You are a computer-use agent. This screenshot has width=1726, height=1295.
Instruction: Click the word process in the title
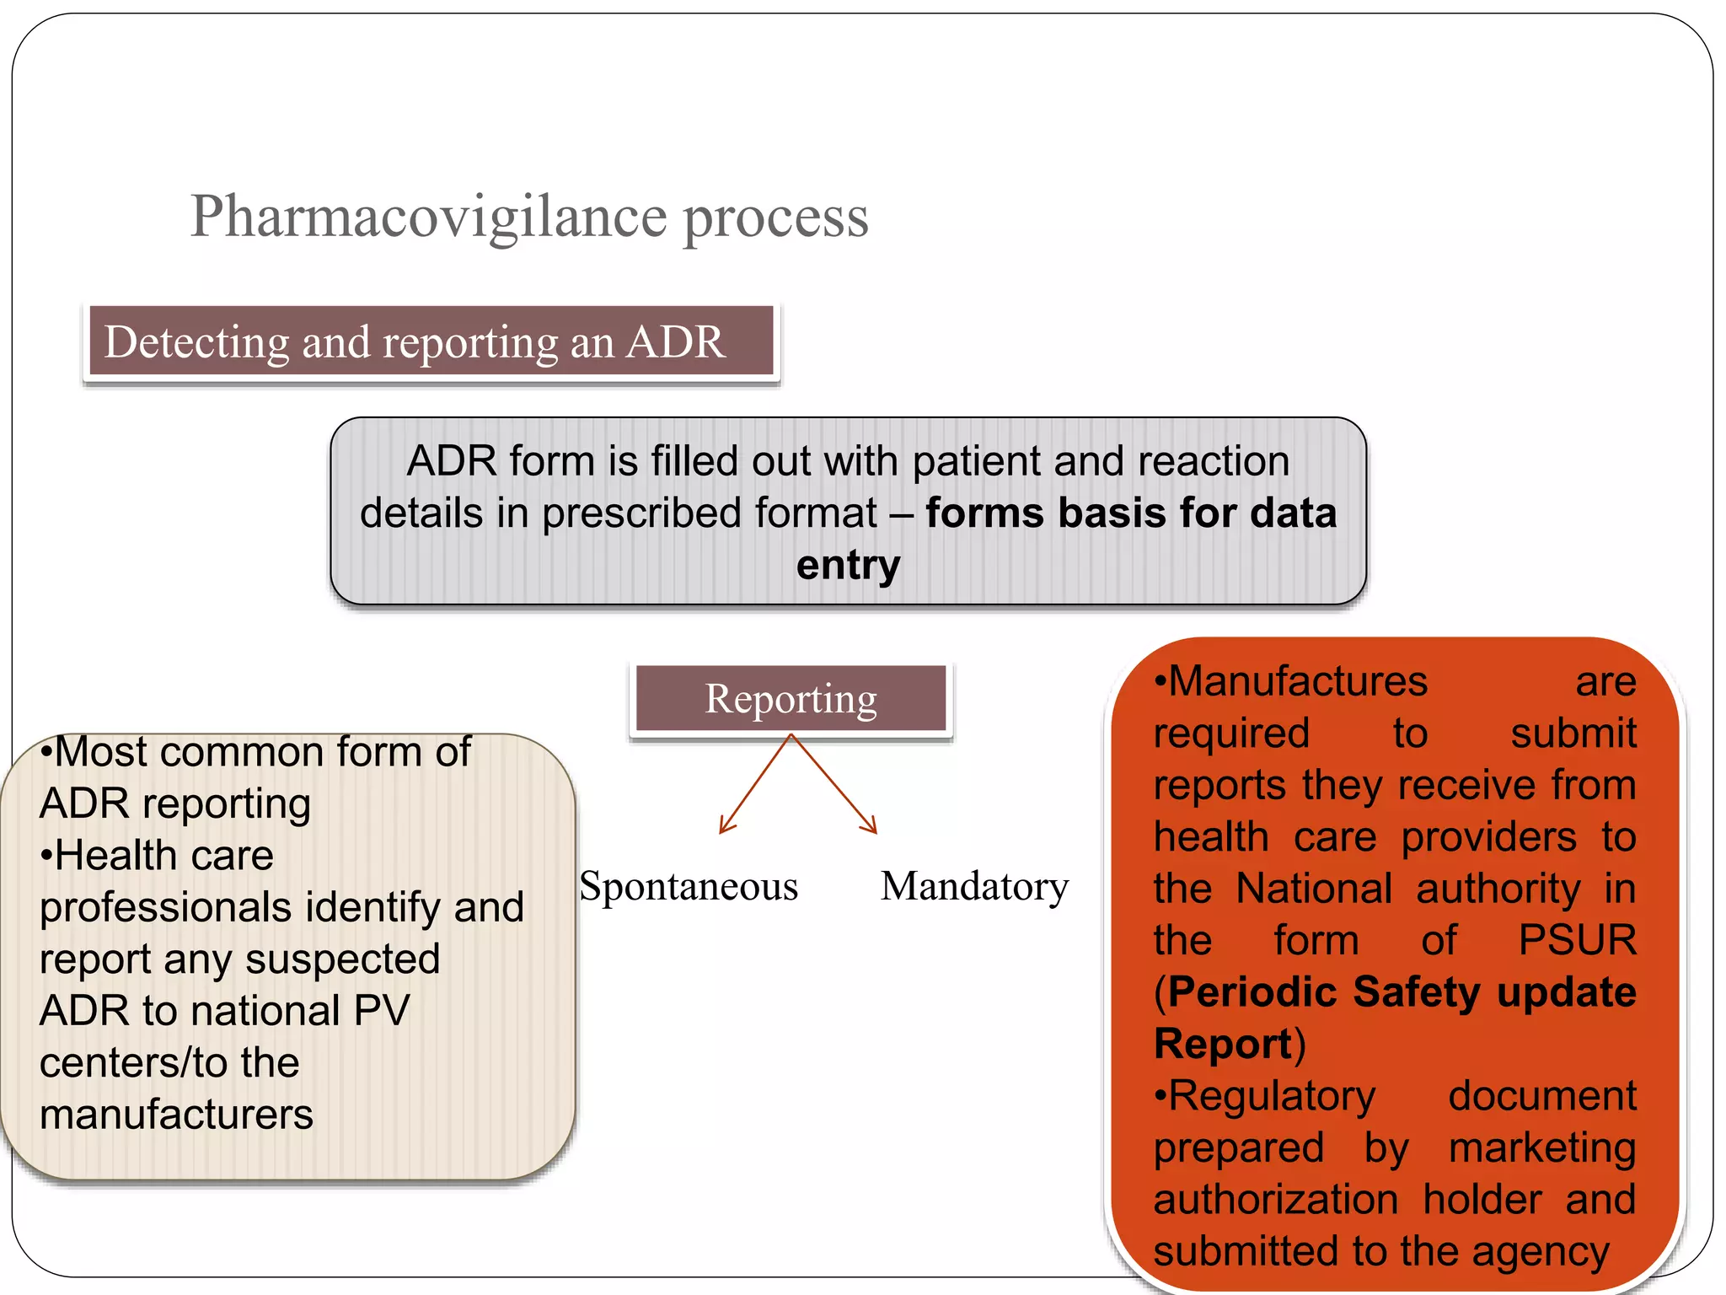point(775,218)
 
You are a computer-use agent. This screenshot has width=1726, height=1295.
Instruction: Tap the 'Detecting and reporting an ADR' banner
point(431,341)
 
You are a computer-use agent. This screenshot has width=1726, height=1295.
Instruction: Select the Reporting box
point(791,698)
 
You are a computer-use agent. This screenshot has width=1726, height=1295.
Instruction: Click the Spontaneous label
point(689,886)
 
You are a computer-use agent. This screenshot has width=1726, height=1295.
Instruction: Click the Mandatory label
point(974,886)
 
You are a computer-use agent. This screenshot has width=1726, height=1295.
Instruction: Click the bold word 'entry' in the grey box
point(848,565)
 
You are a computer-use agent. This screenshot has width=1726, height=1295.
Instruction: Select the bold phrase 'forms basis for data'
point(1130,513)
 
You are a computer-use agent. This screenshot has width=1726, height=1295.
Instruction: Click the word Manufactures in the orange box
point(1298,681)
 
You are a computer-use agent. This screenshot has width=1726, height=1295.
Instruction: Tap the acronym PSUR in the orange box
point(1577,940)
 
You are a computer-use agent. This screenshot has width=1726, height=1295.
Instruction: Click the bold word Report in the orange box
point(1223,1044)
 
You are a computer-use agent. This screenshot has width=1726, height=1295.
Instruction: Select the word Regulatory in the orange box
point(1272,1096)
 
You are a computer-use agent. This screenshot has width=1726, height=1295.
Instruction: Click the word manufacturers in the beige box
point(176,1115)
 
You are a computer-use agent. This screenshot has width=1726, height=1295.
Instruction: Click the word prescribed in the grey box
point(643,513)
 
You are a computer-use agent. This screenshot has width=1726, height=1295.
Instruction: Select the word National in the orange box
point(1314,889)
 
